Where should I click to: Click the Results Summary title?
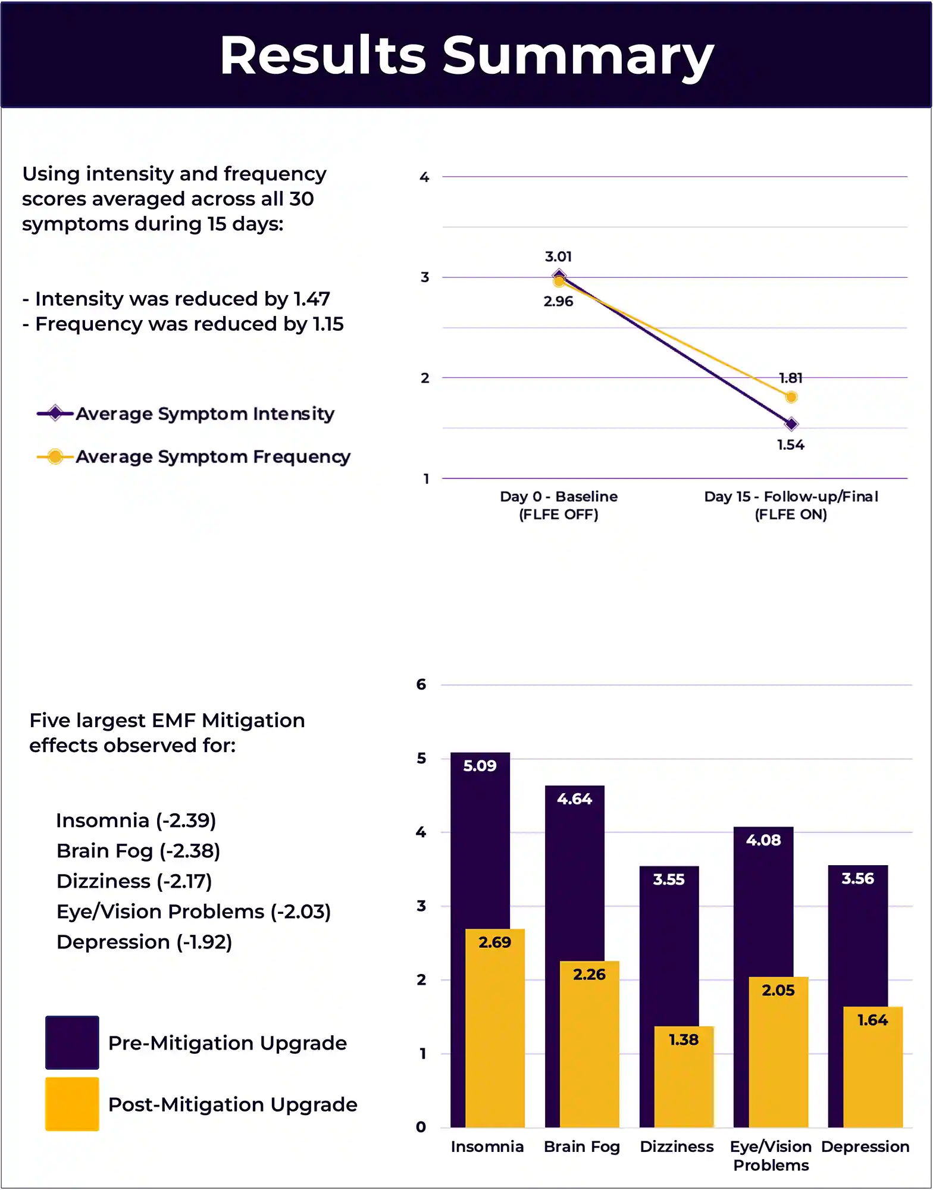467,56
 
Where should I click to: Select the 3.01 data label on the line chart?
558,256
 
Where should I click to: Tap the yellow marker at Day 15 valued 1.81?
791,397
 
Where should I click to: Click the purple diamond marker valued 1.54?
791,424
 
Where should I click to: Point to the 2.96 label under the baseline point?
558,301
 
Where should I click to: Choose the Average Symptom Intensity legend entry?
186,414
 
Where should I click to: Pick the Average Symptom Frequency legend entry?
193,456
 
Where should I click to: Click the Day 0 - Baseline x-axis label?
559,505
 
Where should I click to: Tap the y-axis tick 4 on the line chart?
424,177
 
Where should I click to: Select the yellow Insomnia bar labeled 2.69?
495,1028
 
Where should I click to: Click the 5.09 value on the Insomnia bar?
480,766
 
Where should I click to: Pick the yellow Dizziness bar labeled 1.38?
684,1076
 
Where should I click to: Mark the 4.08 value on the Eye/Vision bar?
763,840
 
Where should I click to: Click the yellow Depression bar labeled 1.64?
873,1067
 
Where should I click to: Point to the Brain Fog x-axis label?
582,1147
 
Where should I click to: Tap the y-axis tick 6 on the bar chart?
421,684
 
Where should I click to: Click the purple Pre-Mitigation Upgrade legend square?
72,1042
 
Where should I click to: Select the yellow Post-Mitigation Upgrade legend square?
72,1104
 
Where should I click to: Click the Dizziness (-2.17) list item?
134,881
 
